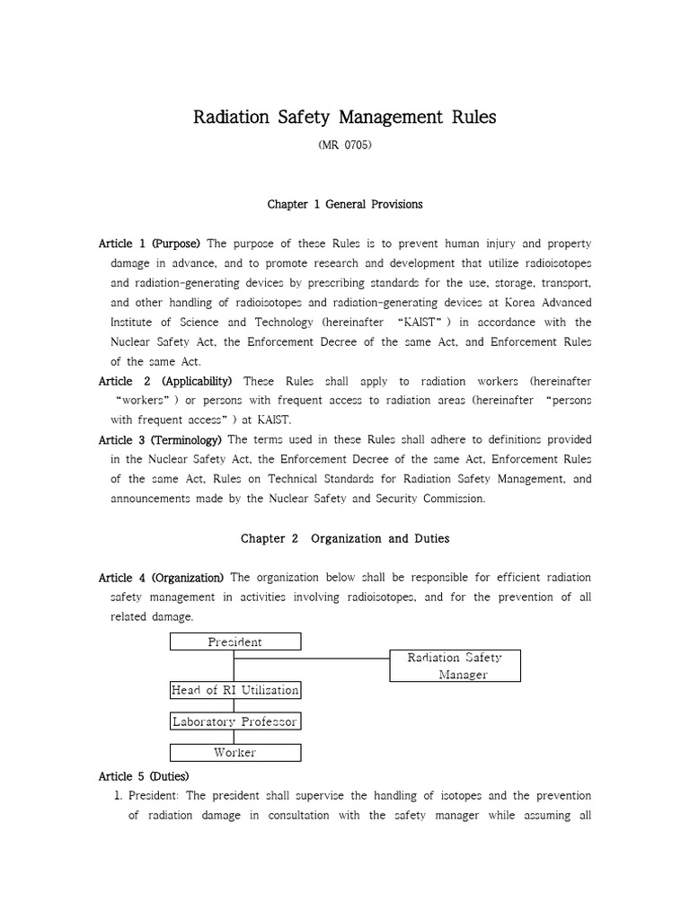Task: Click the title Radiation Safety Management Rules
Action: tap(345, 118)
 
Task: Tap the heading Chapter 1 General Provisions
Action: tap(345, 204)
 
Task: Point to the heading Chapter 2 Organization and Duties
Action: tap(345, 538)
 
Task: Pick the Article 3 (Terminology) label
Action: tap(160, 439)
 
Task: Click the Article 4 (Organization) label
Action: tap(164, 577)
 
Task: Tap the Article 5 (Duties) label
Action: tap(144, 775)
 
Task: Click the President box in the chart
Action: tap(235, 641)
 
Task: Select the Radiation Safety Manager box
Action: tap(455, 666)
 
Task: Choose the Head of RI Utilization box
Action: tap(235, 690)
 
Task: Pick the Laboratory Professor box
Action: tap(235, 721)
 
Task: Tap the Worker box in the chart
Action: tap(235, 752)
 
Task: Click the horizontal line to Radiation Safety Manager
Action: tap(311, 659)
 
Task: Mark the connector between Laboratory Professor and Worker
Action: tap(235, 737)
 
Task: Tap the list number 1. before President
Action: tap(117, 796)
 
